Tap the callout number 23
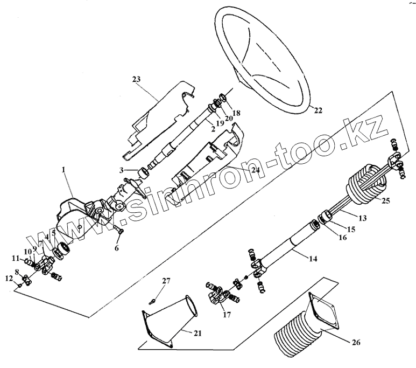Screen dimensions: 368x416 [x=137, y=79]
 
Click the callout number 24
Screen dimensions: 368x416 [x=255, y=169]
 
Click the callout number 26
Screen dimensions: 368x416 [x=357, y=342]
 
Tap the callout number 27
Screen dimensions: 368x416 [x=166, y=281]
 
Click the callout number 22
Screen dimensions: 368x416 [x=318, y=111]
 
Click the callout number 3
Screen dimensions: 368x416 [x=122, y=170]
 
